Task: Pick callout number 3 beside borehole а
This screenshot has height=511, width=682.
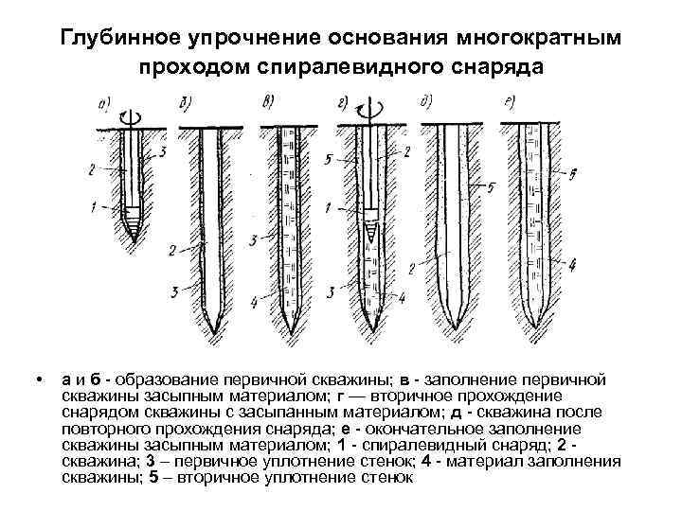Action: click(166, 150)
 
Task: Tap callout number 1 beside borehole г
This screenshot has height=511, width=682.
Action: click(326, 207)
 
